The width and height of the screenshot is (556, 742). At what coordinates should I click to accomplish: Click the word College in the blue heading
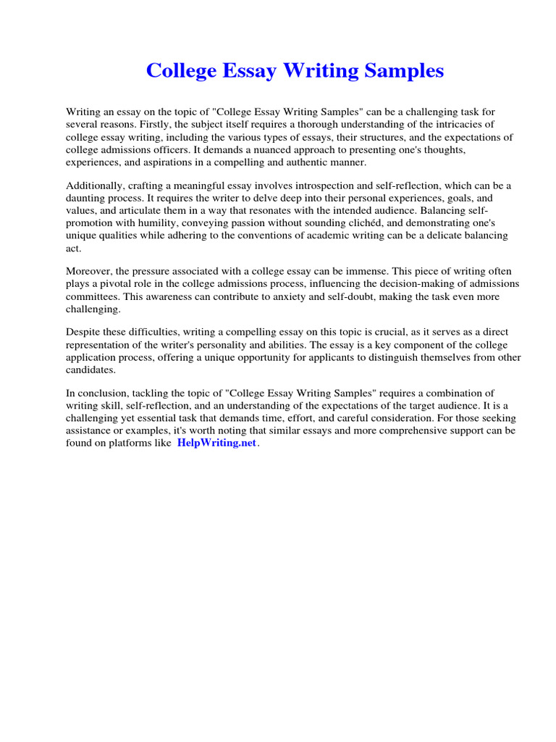(x=180, y=71)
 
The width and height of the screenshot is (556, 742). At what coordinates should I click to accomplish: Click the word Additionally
(x=93, y=186)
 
